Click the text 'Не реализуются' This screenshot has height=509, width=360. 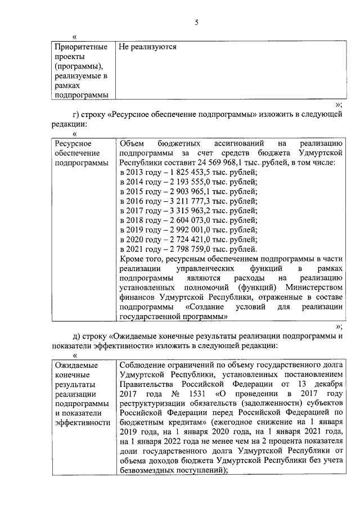click(148, 47)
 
